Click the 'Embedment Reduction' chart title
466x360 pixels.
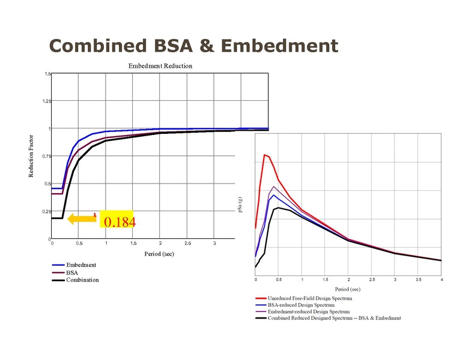coord(160,65)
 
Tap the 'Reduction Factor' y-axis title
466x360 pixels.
coord(31,155)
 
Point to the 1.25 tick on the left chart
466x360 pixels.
coord(47,101)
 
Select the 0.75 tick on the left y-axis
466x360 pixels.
coord(47,156)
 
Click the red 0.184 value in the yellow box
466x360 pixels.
coord(120,223)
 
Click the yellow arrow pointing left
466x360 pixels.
coord(82,219)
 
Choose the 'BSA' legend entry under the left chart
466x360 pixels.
coord(72,272)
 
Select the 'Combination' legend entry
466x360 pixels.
coord(82,280)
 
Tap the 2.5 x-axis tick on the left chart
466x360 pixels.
coord(187,243)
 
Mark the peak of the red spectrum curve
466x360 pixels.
coord(264,155)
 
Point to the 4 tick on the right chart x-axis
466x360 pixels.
coord(441,280)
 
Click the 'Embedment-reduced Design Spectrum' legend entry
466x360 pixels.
coord(309,312)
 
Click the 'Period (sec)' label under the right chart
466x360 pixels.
coord(348,289)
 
